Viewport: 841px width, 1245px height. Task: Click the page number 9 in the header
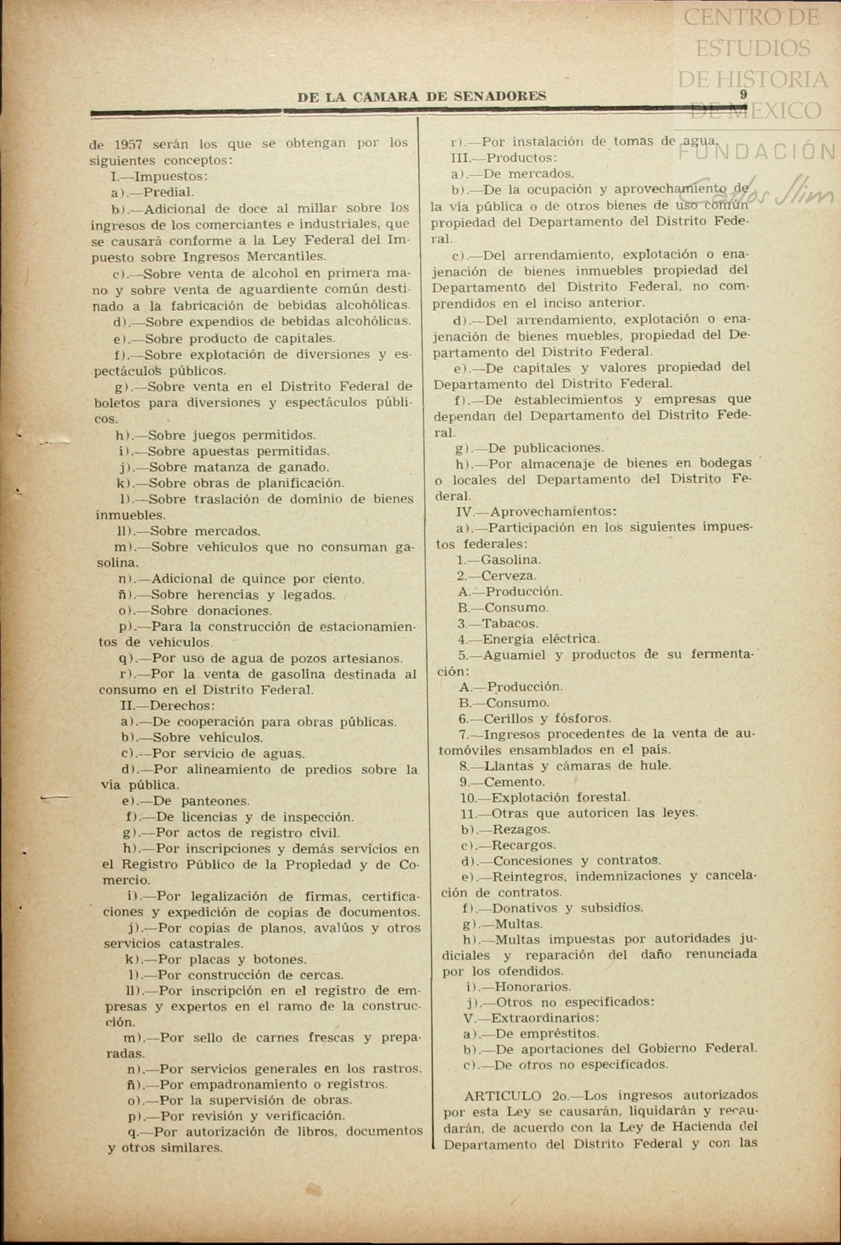pyautogui.click(x=744, y=95)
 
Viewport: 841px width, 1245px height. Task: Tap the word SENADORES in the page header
pyautogui.click(x=500, y=96)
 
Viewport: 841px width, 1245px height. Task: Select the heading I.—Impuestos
pyautogui.click(x=159, y=176)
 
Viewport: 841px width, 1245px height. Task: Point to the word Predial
pyautogui.click(x=168, y=192)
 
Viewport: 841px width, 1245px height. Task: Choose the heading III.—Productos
pyautogui.click(x=504, y=157)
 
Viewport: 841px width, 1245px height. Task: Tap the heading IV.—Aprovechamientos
pyautogui.click(x=536, y=511)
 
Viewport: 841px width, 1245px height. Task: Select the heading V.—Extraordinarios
pyautogui.click(x=531, y=1017)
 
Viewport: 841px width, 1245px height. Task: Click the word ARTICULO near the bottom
pyautogui.click(x=503, y=1096)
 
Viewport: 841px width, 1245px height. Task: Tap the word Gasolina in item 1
pyautogui.click(x=511, y=559)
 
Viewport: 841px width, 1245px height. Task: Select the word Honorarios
pyautogui.click(x=533, y=986)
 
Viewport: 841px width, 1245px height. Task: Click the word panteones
pyautogui.click(x=215, y=801)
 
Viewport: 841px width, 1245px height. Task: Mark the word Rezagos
pyautogui.click(x=522, y=829)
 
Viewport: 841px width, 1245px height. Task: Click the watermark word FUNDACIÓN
pyautogui.click(x=757, y=152)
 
